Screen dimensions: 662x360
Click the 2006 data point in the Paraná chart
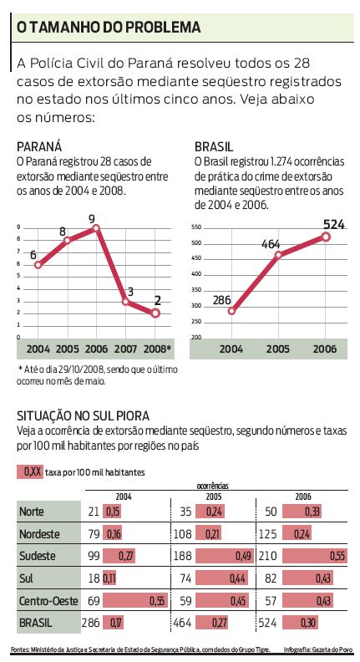point(96,228)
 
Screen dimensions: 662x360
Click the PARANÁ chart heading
point(38,145)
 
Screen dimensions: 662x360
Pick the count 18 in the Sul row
point(94,578)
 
